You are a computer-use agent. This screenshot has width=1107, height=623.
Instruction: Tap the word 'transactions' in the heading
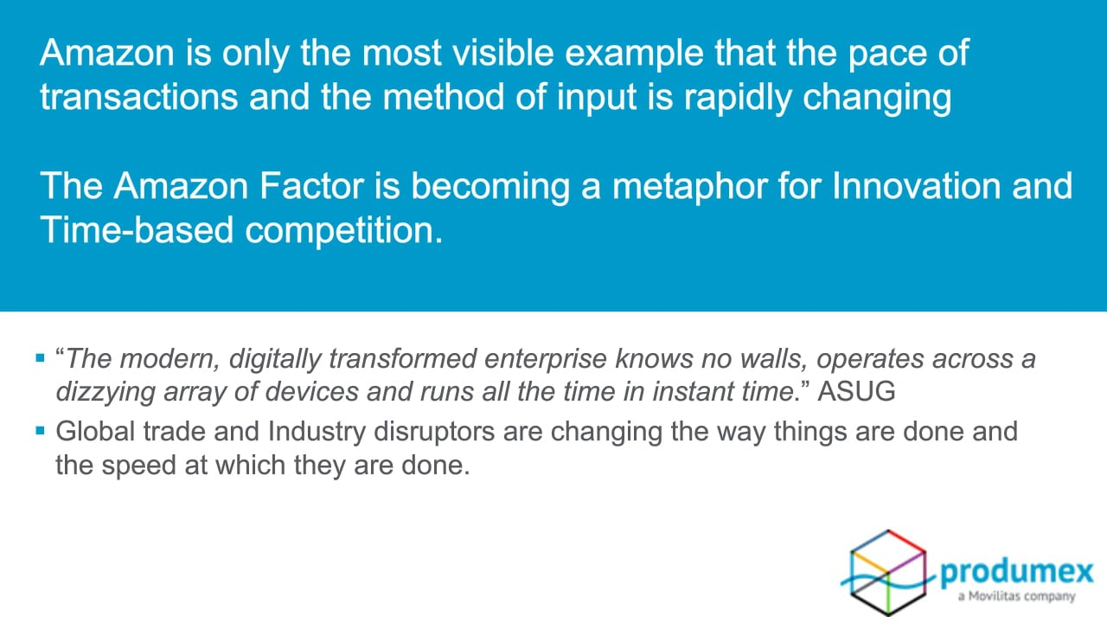[x=139, y=97]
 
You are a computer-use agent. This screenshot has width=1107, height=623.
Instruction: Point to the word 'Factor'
[x=312, y=186]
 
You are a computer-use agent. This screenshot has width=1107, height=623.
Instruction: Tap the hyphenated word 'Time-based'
[x=137, y=230]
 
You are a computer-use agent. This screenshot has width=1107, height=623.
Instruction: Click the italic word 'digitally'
[x=275, y=359]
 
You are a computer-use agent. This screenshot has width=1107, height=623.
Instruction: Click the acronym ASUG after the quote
[x=856, y=392]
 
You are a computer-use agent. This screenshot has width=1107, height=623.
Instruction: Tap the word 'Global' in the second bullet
[x=95, y=431]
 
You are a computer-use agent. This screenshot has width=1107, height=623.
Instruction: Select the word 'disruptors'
[x=434, y=432]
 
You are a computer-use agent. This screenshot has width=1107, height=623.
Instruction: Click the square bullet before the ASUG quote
[x=41, y=357]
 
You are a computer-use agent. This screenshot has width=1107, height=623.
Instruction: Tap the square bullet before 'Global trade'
[x=41, y=431]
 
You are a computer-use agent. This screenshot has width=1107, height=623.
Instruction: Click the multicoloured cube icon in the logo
[x=887, y=573]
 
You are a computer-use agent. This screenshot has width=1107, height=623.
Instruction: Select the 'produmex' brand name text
[x=1016, y=573]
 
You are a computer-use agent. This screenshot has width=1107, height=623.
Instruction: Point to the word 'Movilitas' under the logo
[x=994, y=596]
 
